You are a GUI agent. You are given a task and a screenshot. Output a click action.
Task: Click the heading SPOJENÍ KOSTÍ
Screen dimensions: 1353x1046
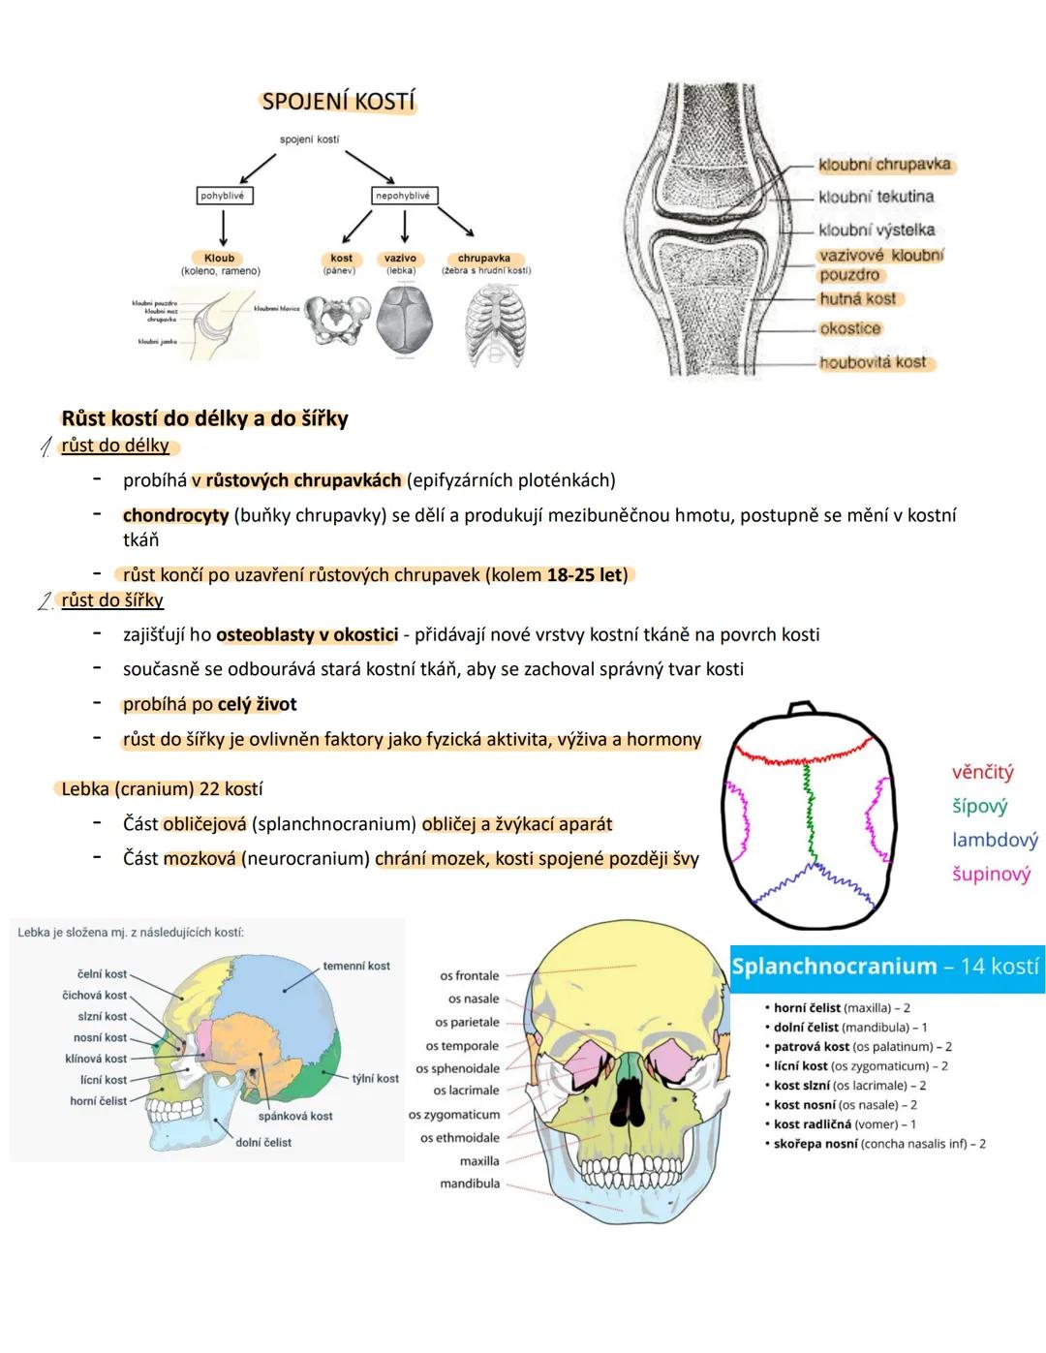pos(338,102)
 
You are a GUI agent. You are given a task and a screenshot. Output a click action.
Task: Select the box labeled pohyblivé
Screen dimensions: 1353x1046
pos(223,196)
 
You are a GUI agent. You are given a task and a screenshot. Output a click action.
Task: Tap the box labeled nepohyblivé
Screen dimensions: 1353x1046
pos(403,196)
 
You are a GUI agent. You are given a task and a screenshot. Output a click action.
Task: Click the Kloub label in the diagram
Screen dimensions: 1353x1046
pos(220,259)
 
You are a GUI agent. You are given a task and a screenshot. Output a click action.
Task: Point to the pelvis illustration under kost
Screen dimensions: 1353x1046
pos(338,322)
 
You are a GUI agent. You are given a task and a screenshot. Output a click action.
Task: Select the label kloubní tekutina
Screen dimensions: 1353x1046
pos(876,197)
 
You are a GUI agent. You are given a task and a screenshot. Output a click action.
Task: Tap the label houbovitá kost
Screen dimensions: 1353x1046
pos(873,362)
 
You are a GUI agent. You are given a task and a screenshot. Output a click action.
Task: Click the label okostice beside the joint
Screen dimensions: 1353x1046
pos(850,328)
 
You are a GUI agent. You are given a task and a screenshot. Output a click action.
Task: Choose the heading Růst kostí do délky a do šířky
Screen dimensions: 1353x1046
pos(204,418)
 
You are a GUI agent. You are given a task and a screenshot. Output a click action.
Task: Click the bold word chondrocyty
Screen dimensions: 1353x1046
pos(175,515)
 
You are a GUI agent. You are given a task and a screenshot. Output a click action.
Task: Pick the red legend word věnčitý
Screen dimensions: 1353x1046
pos(982,772)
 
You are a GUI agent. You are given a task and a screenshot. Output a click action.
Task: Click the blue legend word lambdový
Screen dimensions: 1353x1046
pos(995,840)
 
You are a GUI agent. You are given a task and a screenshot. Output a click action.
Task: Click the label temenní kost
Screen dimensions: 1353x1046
pos(356,966)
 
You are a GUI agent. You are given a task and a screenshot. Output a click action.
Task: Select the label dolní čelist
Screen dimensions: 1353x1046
pos(263,1143)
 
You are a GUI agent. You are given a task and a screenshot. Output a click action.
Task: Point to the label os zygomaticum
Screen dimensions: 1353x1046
pos(454,1115)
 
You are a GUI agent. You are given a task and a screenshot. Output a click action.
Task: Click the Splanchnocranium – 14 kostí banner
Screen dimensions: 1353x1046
pos(886,967)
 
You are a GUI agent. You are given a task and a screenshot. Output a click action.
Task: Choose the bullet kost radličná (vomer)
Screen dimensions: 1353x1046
pos(845,1124)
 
